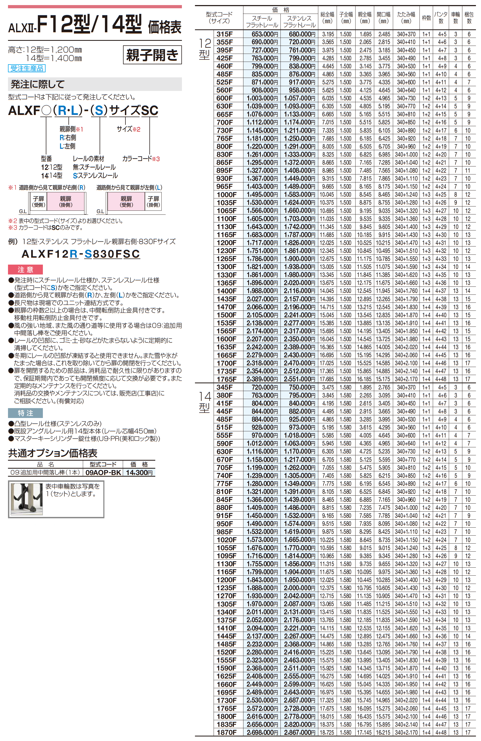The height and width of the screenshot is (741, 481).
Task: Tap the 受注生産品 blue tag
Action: point(27,69)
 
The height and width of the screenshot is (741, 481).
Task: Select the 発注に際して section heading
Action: point(38,84)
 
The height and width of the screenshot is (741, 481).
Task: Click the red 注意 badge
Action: point(25,269)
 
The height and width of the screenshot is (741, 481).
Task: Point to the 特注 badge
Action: point(25,413)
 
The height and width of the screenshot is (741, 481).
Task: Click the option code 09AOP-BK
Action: point(103,472)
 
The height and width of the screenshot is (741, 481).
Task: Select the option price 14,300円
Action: point(139,472)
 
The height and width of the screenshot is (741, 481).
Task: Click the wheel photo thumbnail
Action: point(26,499)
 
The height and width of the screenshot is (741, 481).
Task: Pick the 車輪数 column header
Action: point(455,18)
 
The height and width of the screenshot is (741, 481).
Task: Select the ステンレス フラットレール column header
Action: point(299,22)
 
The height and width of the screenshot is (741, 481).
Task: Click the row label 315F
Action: point(224,34)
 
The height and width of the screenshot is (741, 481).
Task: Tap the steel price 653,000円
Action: point(264,34)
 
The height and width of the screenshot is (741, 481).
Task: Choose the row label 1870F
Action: point(226,732)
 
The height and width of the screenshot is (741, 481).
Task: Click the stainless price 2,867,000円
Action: point(299,732)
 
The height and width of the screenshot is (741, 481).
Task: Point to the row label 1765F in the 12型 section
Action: point(226,379)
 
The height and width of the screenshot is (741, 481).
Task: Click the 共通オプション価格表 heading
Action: point(52,453)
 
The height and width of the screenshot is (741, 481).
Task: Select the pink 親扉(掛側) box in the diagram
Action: point(66,201)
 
